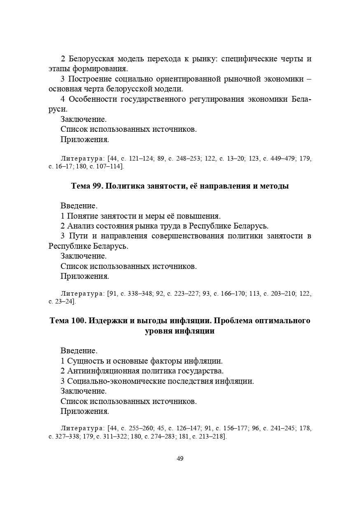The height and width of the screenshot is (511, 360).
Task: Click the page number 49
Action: [x=180, y=459]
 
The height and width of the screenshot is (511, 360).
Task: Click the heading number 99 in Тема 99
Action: [x=97, y=186]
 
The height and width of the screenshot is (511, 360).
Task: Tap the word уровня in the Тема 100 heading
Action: [x=157, y=331]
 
